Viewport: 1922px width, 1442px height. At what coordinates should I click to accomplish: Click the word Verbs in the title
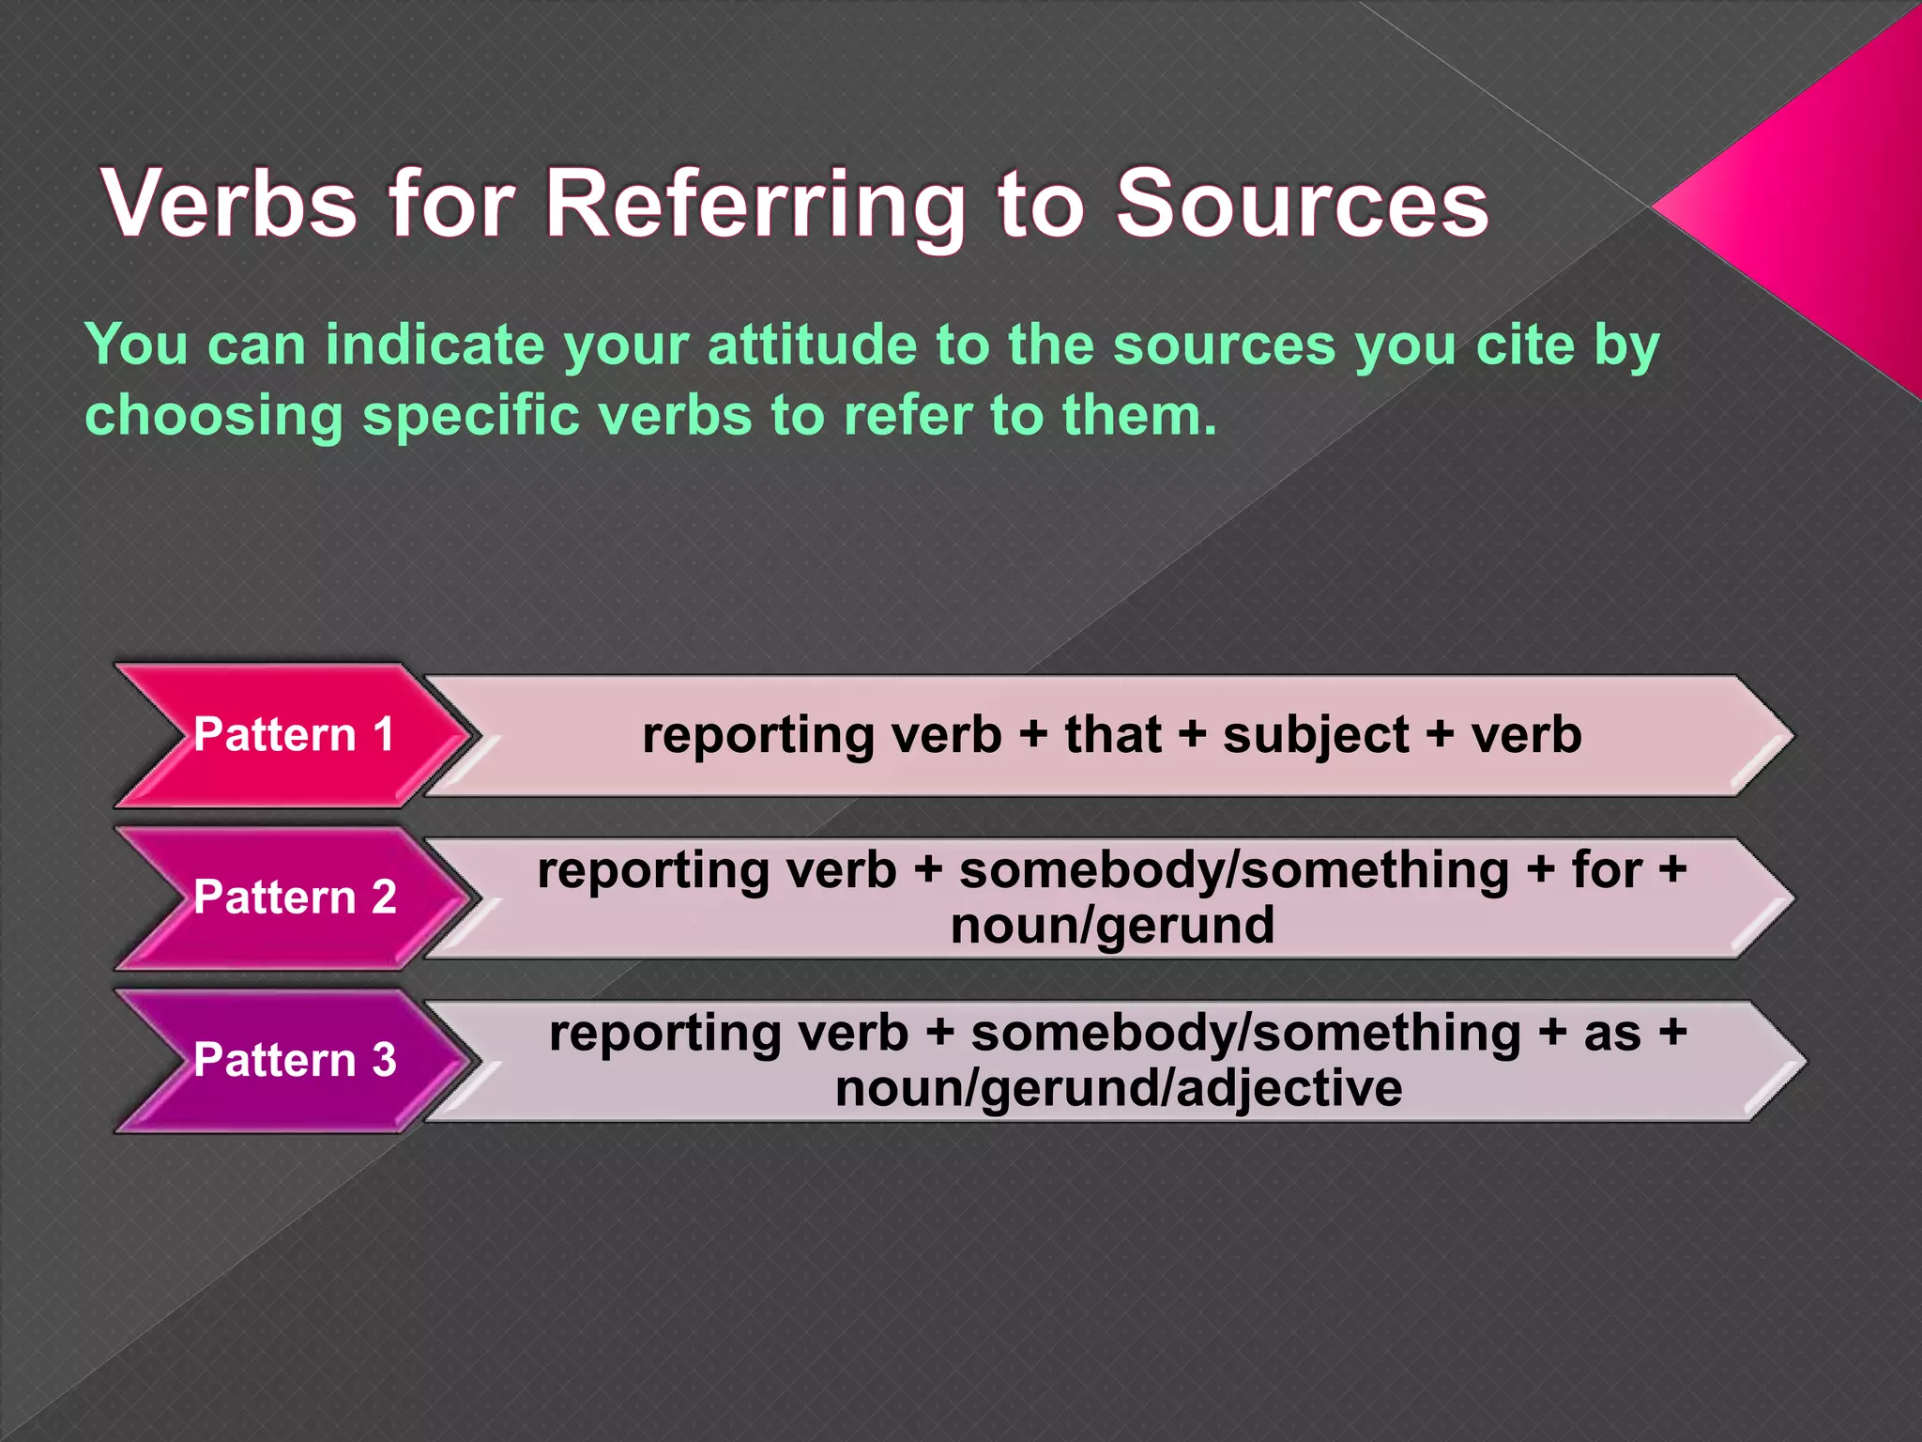[230, 203]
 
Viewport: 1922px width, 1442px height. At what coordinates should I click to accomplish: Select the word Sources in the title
[1302, 203]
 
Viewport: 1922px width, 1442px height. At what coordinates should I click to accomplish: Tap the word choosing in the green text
[214, 415]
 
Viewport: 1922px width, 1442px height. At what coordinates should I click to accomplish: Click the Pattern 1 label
[294, 734]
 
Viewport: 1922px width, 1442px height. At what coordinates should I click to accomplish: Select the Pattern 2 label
[294, 897]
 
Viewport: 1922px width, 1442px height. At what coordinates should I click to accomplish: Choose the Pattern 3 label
[294, 1059]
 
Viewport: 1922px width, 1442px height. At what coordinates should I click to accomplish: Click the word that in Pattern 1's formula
[1113, 734]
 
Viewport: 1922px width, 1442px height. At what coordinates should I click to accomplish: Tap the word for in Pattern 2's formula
[1606, 869]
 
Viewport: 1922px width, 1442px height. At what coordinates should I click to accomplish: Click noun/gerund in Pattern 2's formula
[1112, 926]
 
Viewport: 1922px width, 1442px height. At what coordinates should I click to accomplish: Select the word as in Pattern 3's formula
[1612, 1033]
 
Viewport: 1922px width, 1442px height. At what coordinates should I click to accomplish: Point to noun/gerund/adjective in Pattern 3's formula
[1119, 1089]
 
